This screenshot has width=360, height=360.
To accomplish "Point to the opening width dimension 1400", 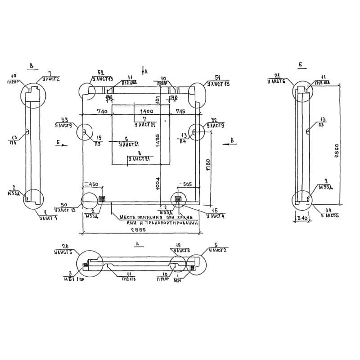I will [x=147, y=111].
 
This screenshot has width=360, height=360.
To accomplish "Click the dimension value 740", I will [x=102, y=111].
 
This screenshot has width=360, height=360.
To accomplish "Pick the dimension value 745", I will [x=180, y=111].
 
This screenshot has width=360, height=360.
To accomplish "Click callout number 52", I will [x=101, y=72].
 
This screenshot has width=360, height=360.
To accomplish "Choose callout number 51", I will [x=218, y=77].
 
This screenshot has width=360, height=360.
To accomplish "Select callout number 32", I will [x=214, y=120].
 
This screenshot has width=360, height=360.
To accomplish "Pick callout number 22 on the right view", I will [x=329, y=211].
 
